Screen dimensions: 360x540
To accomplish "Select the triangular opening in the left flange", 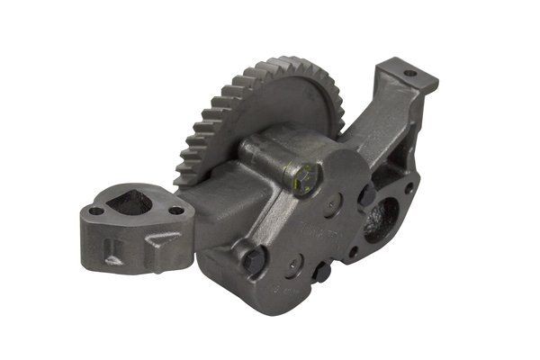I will tap(130, 203).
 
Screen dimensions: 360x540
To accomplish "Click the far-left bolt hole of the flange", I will tap(96, 211).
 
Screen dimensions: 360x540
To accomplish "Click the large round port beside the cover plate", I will tap(381, 219).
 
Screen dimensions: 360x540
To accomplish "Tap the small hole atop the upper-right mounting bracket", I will tap(409, 73).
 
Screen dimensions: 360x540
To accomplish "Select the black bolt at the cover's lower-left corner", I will tap(255, 261).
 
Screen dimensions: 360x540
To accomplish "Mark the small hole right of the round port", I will tap(409, 189).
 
